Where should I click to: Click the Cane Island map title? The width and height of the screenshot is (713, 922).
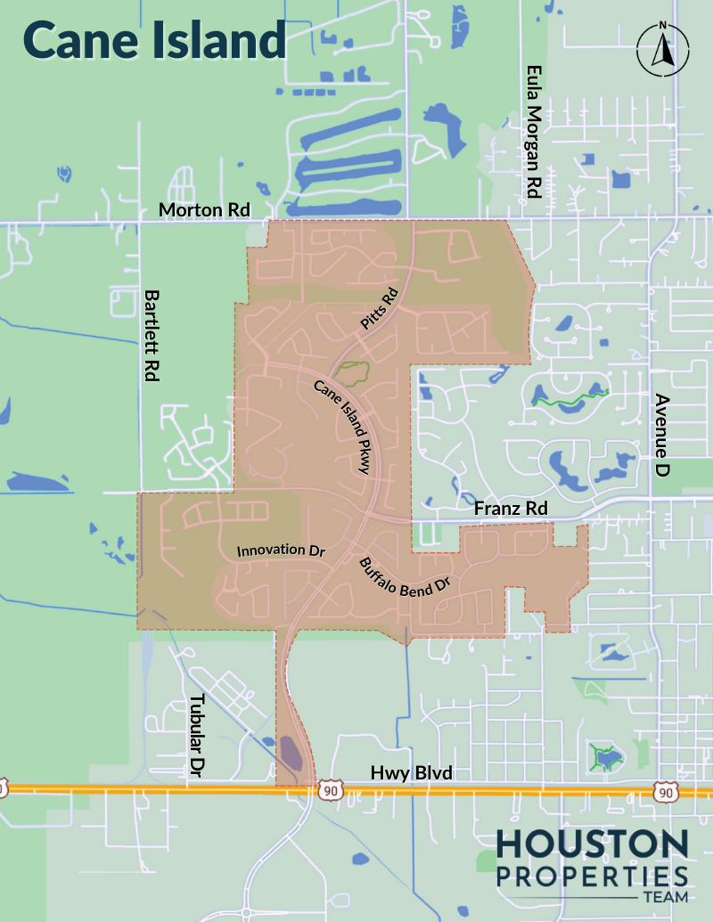tap(153, 40)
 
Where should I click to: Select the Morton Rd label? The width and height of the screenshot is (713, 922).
tap(204, 210)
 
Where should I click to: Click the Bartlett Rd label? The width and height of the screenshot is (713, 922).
tap(152, 335)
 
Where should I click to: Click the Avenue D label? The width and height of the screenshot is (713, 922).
tap(661, 434)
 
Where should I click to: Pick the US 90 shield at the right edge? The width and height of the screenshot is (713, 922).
tap(665, 791)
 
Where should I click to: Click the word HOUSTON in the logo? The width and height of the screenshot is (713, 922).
tap(592, 845)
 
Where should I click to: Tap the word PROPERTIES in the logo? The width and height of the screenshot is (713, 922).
tap(592, 875)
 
